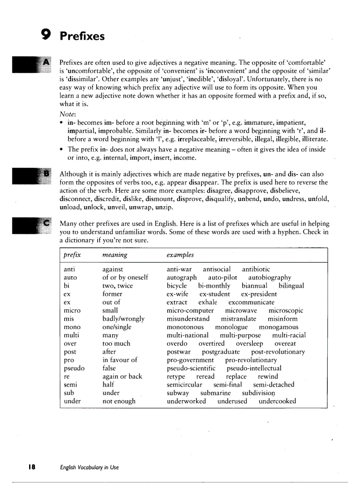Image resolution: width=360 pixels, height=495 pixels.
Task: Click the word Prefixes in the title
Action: [x=82, y=36]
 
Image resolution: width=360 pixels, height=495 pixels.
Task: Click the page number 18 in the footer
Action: [x=32, y=467]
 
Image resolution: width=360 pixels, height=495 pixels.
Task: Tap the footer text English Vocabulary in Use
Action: [x=90, y=468]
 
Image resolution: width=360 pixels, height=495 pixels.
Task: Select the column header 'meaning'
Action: [x=114, y=255]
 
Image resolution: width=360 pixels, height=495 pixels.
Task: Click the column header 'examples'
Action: [x=180, y=255]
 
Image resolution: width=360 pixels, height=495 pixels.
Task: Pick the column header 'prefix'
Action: [x=72, y=255]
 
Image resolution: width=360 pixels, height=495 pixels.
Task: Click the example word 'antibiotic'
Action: [x=256, y=269]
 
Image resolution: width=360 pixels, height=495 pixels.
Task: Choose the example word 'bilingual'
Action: [x=291, y=286]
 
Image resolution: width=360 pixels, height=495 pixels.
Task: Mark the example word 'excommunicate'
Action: [x=251, y=302]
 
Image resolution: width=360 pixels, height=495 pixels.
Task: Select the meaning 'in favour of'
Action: [x=120, y=360]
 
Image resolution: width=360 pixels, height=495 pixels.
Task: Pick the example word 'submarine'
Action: [x=215, y=393]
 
